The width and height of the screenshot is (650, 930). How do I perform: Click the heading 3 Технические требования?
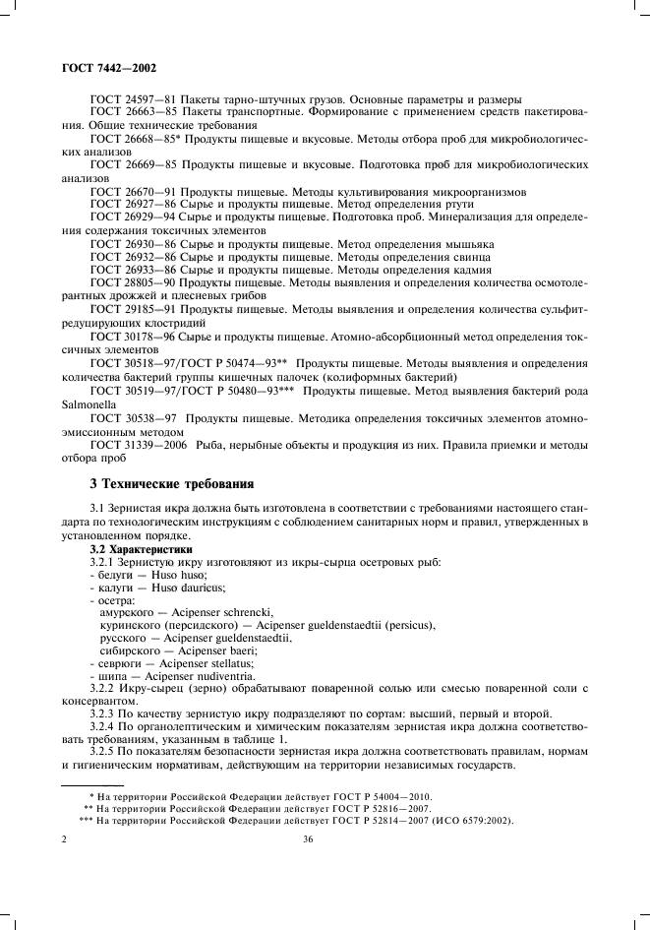pos(172,484)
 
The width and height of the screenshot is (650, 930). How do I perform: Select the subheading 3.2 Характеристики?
pos(143,547)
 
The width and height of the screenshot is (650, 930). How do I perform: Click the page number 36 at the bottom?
pos(308,839)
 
